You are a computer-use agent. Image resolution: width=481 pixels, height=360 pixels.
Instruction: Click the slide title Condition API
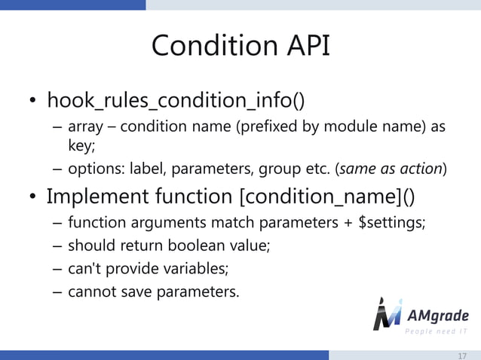[240, 46]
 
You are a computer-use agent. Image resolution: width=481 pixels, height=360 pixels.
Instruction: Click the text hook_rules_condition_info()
[176, 100]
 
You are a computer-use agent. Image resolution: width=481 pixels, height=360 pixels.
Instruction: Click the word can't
[84, 269]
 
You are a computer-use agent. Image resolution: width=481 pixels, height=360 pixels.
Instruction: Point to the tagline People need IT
[437, 332]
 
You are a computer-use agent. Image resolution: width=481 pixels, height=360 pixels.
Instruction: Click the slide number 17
[462, 355]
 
